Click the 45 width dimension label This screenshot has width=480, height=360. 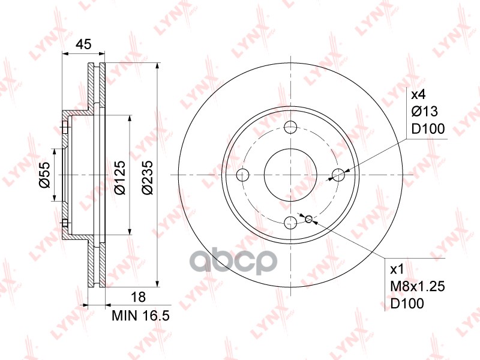83,44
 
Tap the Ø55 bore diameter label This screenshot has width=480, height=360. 44,175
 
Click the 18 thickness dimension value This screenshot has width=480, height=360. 138,297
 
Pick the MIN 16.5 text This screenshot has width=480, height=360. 140,316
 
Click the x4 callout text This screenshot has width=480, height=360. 418,95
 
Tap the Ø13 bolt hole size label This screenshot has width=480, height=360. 425,112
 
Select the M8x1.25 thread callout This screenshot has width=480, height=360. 418,287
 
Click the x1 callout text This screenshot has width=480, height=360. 397,269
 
